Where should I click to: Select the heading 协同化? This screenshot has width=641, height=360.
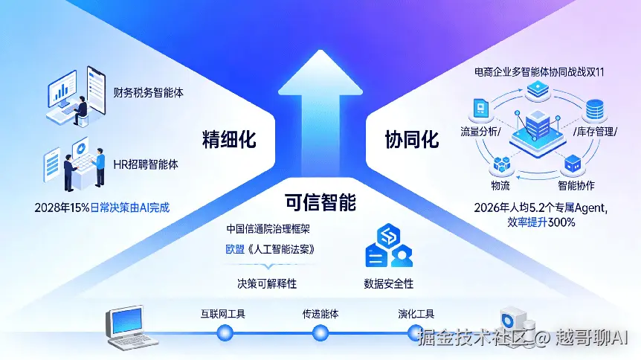pyautogui.click(x=411, y=139)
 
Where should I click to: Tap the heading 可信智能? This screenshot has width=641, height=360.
pyautogui.click(x=320, y=202)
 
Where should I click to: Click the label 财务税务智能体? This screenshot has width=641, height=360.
pyautogui.click(x=149, y=94)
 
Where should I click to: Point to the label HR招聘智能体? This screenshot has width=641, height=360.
pyautogui.click(x=146, y=164)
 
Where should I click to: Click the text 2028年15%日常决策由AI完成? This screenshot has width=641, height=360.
pyautogui.click(x=102, y=208)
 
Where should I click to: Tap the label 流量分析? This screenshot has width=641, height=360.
pyautogui.click(x=480, y=132)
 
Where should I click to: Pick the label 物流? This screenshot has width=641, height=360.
pyautogui.click(x=500, y=184)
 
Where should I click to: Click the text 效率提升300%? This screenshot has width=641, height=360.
pyautogui.click(x=541, y=222)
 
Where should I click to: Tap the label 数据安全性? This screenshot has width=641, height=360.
pyautogui.click(x=388, y=283)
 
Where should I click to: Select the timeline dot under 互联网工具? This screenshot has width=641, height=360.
pyautogui.click(x=223, y=334)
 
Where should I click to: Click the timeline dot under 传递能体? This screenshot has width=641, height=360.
pyautogui.click(x=320, y=334)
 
